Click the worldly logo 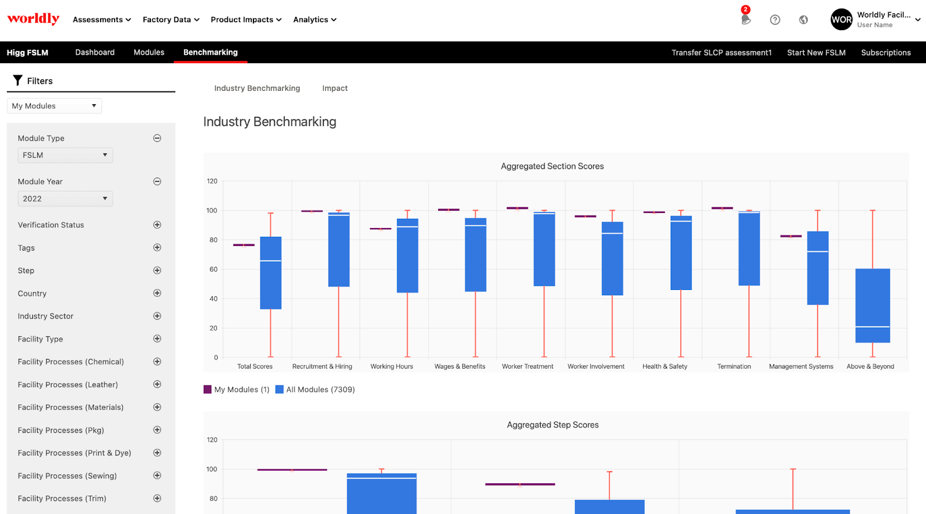coord(33,19)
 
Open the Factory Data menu coord(171,20)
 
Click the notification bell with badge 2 coord(745,19)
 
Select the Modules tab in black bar coord(149,52)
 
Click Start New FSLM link coord(816,53)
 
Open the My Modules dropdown coord(54,106)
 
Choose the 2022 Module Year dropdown coord(65,199)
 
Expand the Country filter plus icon coord(157,293)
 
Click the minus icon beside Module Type coord(157,138)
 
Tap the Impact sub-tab coord(335,89)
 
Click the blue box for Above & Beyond coord(872,306)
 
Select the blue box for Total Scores coord(270,273)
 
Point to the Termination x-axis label coord(734,366)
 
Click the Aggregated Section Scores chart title coord(552,166)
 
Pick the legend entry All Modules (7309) coord(320,390)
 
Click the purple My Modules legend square coord(207,390)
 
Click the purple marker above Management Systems coord(791,236)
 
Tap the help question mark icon coord(775,20)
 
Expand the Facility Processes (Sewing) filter coord(157,476)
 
